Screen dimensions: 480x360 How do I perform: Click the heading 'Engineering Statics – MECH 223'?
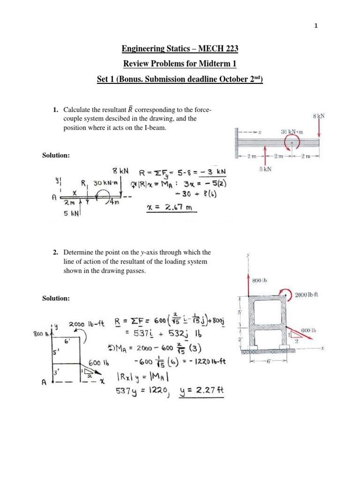180,48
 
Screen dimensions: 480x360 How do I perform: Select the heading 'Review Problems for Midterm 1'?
180,64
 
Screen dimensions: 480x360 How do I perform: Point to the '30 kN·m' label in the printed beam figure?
292,132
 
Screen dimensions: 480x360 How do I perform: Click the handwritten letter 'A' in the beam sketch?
55,198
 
